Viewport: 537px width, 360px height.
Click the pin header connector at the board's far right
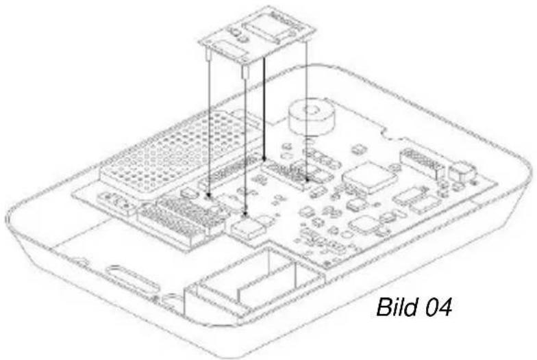pos(422,162)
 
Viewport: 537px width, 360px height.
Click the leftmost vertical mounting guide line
pos(208,123)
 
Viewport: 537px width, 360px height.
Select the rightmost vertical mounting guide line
pos(307,110)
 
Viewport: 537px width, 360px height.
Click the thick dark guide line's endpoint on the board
pos(264,157)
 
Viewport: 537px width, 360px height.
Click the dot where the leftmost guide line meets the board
pos(208,198)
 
